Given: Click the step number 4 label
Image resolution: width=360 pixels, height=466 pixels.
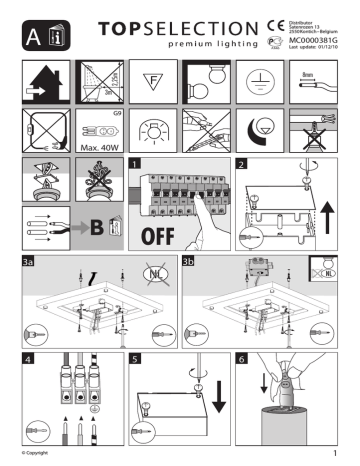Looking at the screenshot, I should pos(27,356).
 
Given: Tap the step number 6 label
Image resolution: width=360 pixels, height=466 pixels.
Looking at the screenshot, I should pos(242,356).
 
